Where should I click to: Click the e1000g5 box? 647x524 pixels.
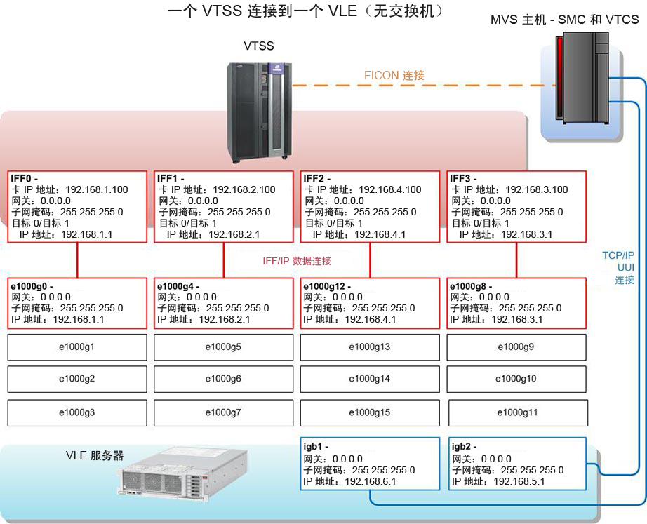[x=223, y=347]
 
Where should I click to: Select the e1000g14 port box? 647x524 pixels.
[x=370, y=379]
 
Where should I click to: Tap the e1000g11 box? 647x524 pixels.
[x=518, y=412]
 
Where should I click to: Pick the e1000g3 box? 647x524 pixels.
[x=77, y=412]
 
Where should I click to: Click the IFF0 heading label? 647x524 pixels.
[x=25, y=179]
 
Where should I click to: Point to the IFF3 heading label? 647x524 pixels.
[x=463, y=179]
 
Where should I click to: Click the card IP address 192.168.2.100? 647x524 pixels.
[x=244, y=190]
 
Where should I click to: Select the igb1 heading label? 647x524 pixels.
[x=316, y=446]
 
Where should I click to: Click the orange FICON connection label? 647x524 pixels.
[x=394, y=76]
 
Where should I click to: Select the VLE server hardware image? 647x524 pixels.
[x=182, y=471]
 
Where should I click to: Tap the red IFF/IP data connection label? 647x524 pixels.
[x=297, y=261]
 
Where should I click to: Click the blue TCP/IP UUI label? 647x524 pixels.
[x=618, y=268]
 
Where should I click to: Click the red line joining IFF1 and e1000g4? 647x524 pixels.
[x=224, y=260]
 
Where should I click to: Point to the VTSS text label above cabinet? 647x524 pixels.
[x=259, y=46]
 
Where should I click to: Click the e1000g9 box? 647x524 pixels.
[x=516, y=347]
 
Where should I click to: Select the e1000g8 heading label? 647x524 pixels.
[x=471, y=286]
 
